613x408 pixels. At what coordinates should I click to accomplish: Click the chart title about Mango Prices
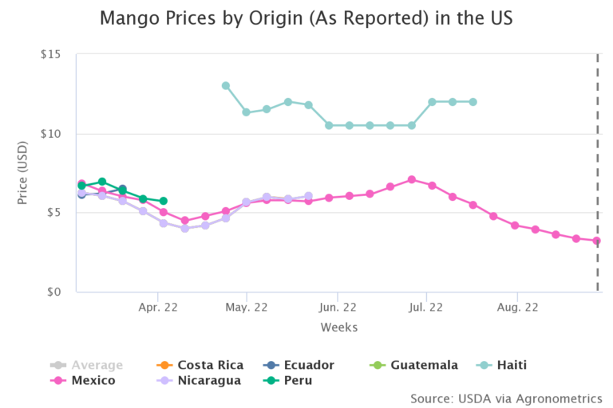point(306,18)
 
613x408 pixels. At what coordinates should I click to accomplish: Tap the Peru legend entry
point(296,380)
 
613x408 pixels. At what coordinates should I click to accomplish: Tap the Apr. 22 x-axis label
point(158,307)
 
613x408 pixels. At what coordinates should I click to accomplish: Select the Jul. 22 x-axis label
point(426,307)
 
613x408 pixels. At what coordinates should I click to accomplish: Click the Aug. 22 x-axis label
point(516,307)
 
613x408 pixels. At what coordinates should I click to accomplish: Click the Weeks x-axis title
point(338,328)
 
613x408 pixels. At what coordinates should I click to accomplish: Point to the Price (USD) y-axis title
point(23,173)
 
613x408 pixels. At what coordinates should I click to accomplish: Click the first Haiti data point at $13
point(226,85)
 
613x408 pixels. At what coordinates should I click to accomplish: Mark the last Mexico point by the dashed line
point(596,241)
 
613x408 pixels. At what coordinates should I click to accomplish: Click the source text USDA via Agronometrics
point(506,398)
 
